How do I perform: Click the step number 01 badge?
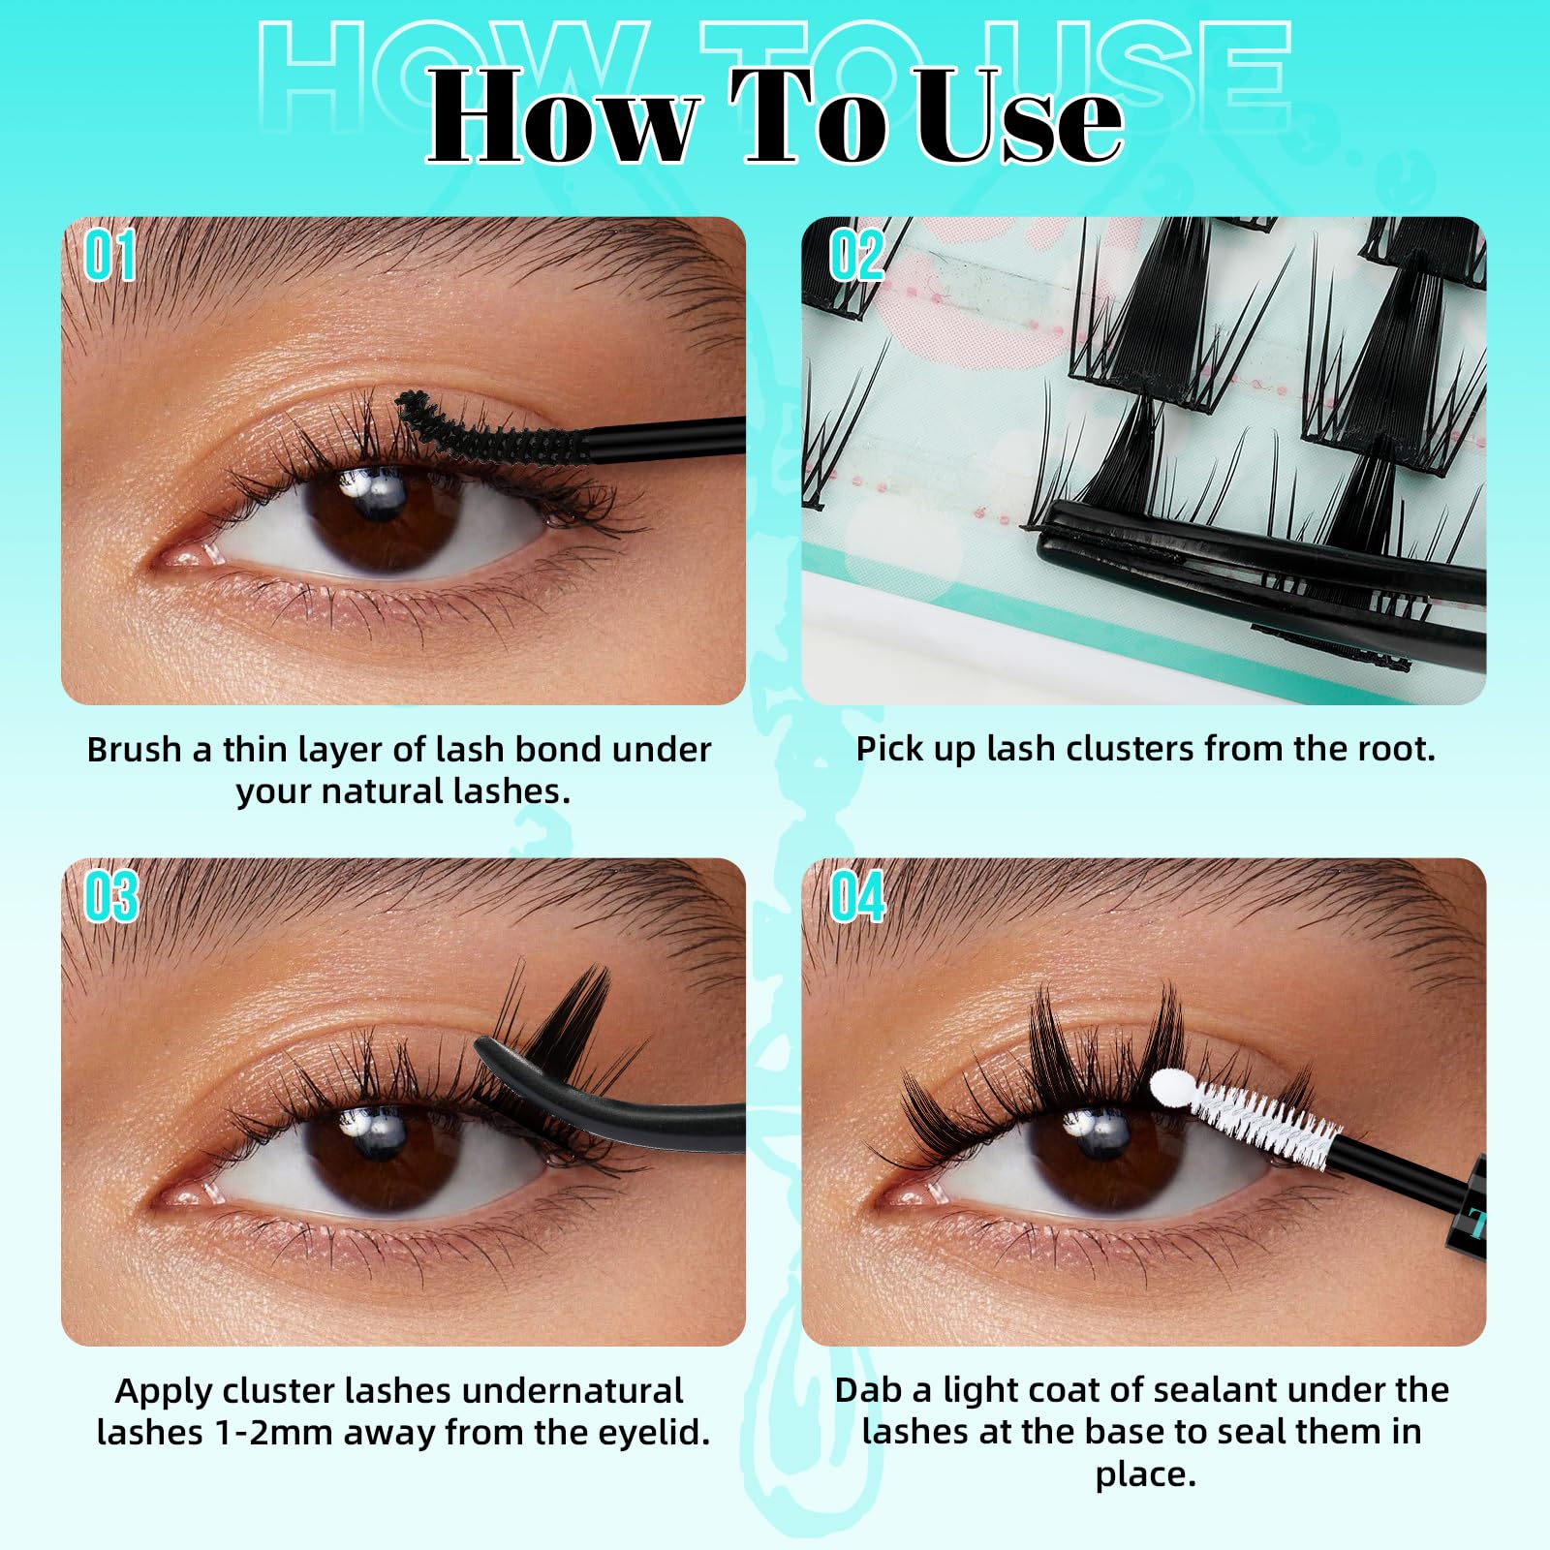109,257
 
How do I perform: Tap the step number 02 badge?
856,257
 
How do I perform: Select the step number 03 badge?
111,896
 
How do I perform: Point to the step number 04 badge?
857,896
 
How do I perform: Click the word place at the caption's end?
1145,1474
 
